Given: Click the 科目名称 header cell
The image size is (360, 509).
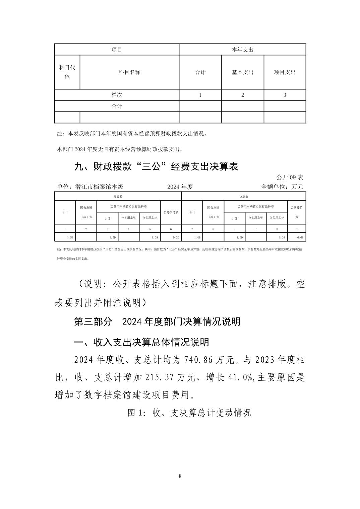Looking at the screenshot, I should tap(129, 72).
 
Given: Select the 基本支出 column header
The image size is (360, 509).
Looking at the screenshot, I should tap(242, 72).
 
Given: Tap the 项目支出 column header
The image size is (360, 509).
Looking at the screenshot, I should tap(285, 72).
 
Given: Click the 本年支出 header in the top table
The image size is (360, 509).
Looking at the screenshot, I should tap(242, 50).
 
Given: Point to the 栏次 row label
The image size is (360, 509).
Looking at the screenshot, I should tap(117, 95).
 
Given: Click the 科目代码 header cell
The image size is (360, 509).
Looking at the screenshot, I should tap(67, 72).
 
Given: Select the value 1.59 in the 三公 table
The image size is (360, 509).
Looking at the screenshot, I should tap(70, 237).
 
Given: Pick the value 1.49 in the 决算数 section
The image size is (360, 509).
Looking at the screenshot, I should tap(197, 237).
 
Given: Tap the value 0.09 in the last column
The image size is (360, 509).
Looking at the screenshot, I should tap(300, 237).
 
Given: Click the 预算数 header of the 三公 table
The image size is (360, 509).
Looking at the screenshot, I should tap(118, 197).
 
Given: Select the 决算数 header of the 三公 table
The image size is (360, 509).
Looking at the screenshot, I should tap(243, 197).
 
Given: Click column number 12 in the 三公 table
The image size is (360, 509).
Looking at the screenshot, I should tap(297, 229).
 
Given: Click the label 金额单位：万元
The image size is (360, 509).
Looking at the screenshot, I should tap(282, 187).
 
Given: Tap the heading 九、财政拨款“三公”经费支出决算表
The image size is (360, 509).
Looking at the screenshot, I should tap(156, 167).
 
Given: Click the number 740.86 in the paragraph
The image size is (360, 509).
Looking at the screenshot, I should tap(200, 360).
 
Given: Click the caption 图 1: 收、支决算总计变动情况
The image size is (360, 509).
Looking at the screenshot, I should tap(189, 413).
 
